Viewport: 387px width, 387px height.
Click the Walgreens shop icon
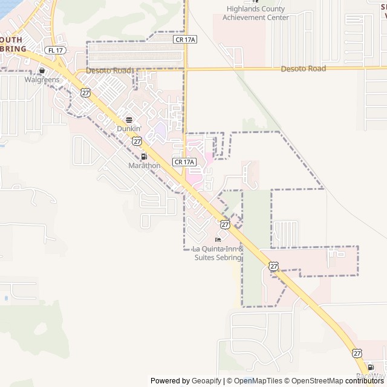pos(42,70)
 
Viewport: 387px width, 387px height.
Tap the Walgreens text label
pos(42,79)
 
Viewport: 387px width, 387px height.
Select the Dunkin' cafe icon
pos(129,120)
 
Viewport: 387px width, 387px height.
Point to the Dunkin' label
pos(129,129)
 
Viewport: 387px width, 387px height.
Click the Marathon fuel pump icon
pos(144,157)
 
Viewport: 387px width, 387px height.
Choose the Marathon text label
pos(145,166)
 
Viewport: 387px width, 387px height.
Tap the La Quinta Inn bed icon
pos(218,239)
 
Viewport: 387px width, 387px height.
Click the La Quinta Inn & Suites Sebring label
pos(218,253)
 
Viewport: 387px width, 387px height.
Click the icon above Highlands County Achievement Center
pos(247,1)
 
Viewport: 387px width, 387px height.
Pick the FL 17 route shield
pos(55,50)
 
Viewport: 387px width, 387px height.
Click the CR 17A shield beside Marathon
pos(184,162)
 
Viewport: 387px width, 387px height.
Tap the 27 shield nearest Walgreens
pos(86,93)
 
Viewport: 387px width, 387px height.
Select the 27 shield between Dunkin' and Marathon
pos(137,141)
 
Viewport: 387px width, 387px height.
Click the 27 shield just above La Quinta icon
pos(225,224)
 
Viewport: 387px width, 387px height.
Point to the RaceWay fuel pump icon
pos(370,367)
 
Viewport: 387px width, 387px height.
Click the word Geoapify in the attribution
pos(207,381)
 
